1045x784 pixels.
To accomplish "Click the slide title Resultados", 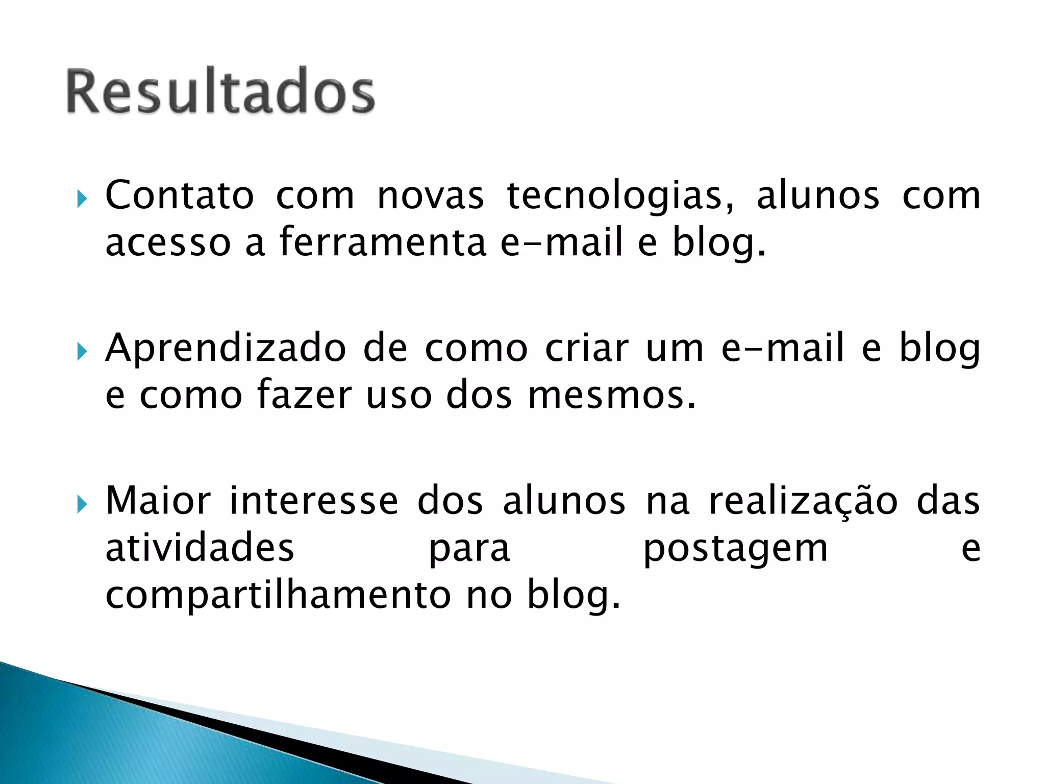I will coord(220,92).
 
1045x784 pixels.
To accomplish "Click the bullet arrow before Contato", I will coord(82,199).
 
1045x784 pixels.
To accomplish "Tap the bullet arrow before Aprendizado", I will coord(82,351).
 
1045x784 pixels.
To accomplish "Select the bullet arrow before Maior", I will coord(82,504).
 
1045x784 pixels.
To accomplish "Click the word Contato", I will coord(179,195).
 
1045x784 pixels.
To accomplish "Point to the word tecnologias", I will coord(620,197).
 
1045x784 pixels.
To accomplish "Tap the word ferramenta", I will coord(383,242).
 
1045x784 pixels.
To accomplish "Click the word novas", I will coord(430,197).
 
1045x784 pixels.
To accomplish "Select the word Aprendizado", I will coord(226,349).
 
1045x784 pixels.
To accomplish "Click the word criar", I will coord(586,349).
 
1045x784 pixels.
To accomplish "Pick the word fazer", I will coord(304,395).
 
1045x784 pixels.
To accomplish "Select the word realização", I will coord(803,502).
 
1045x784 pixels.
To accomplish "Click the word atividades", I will coord(200,548).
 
